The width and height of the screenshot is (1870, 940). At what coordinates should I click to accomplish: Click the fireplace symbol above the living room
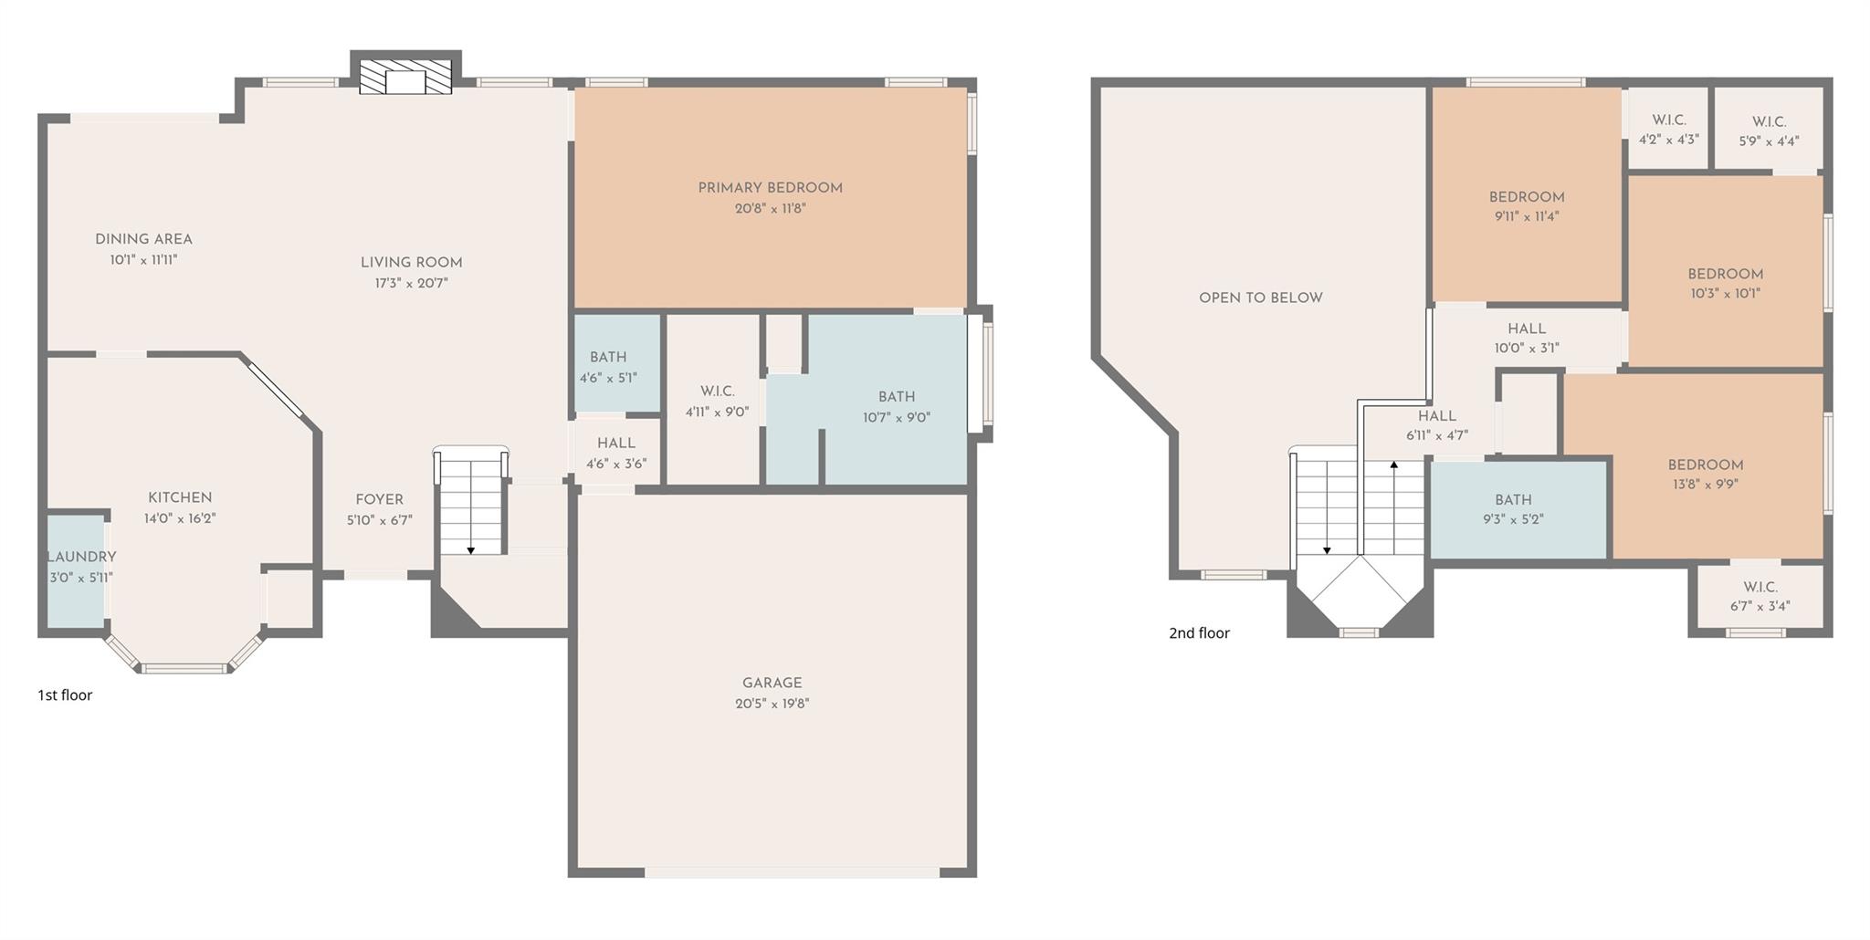pyautogui.click(x=405, y=78)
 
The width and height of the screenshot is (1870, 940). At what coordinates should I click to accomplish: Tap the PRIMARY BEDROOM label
pyautogui.click(x=770, y=188)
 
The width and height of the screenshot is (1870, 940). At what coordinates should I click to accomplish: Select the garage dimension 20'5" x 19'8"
pyautogui.click(x=772, y=704)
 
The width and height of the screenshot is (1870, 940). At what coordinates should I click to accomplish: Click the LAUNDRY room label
pyautogui.click(x=81, y=557)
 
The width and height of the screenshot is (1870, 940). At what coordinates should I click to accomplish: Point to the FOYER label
pyautogui.click(x=379, y=499)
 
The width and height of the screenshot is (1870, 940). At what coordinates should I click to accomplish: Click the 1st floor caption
pyautogui.click(x=65, y=695)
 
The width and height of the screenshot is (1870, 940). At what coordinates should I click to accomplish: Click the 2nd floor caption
pyautogui.click(x=1199, y=633)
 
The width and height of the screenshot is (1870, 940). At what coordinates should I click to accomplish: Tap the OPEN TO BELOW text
pyautogui.click(x=1260, y=298)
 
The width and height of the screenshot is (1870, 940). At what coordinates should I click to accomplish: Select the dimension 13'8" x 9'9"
pyautogui.click(x=1705, y=485)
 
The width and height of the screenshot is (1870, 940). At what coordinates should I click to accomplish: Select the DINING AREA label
pyautogui.click(x=143, y=239)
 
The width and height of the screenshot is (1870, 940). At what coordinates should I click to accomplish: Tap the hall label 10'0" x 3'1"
pyautogui.click(x=1526, y=348)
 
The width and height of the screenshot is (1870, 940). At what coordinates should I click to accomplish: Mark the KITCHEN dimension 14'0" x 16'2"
pyautogui.click(x=180, y=518)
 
